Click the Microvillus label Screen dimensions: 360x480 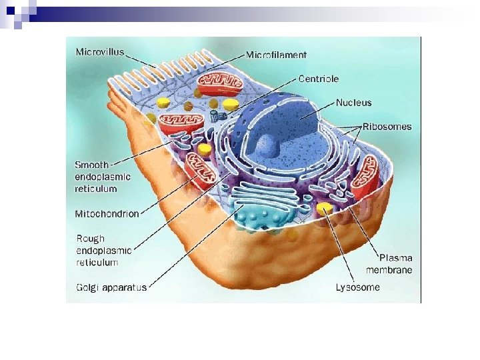click(99, 52)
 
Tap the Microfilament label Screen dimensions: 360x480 click(276, 55)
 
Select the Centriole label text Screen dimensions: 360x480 click(318, 79)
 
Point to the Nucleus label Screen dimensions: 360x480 click(353, 103)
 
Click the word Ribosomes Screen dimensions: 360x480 click(387, 126)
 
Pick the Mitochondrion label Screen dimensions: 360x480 click(107, 214)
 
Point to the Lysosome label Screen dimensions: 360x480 click(357, 287)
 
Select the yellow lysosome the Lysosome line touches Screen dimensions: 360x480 click(325, 209)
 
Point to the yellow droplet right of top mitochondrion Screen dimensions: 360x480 click(231, 105)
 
